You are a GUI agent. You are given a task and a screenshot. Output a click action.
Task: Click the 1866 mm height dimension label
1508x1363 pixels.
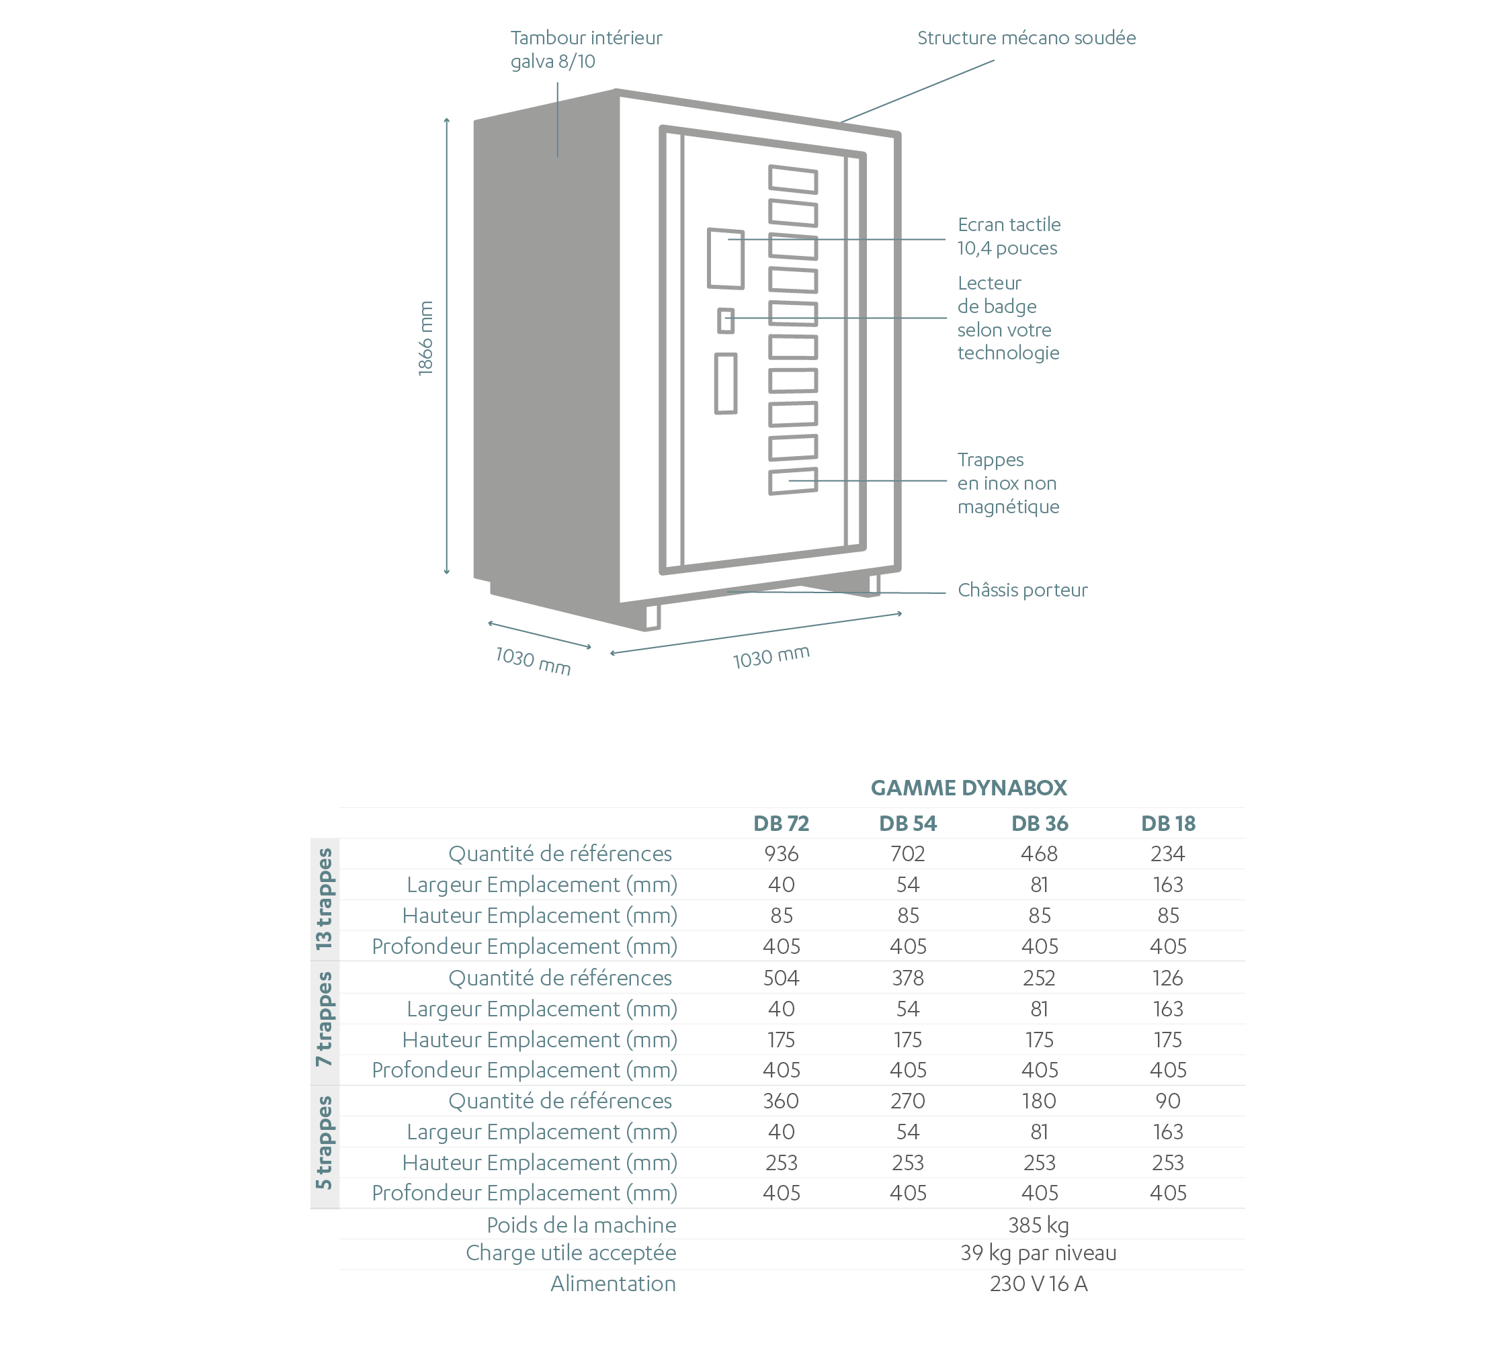425,338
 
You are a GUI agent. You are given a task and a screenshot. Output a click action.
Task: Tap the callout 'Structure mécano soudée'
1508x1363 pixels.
1026,38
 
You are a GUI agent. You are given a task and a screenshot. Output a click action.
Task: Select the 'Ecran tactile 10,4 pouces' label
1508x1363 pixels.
1009,236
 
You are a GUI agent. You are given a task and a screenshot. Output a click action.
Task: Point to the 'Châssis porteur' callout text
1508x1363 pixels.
1023,590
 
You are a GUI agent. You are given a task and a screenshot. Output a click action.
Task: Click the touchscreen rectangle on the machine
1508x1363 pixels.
726,259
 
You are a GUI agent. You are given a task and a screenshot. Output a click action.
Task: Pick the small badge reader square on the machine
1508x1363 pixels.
726,320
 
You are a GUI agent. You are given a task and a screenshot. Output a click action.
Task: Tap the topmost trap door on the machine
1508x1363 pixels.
794,179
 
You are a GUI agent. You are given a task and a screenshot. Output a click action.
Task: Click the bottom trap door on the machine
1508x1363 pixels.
794,482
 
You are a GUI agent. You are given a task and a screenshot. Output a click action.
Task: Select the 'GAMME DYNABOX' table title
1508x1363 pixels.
968,788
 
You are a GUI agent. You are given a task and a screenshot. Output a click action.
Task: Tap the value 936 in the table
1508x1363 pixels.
781,854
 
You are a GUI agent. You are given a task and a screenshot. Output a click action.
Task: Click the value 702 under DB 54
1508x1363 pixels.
908,854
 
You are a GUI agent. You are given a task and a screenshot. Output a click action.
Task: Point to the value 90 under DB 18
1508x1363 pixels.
1168,1100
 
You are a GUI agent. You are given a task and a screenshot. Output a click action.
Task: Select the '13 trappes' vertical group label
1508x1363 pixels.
324,899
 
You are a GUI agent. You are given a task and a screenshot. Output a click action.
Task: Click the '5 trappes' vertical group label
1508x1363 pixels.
324,1143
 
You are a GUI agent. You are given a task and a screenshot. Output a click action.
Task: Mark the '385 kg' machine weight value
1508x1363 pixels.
1038,1225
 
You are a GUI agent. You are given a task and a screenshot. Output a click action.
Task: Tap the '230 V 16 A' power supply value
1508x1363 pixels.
1038,1284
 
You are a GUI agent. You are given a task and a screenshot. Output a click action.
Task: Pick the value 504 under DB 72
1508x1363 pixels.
781,978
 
